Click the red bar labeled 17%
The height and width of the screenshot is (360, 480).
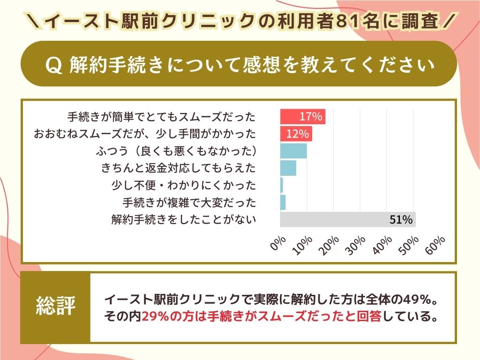(302, 117)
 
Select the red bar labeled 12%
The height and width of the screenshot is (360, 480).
(296, 134)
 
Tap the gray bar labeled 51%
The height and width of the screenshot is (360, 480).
(347, 219)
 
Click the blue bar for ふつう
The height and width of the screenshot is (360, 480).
(293, 151)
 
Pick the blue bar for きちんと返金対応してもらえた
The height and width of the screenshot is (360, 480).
(288, 168)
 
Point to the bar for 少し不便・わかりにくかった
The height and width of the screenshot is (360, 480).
(282, 185)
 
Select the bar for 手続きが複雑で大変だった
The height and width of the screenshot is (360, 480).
(283, 202)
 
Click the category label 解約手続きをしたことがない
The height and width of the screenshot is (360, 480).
(184, 219)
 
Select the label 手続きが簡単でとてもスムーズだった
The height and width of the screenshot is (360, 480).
(162, 117)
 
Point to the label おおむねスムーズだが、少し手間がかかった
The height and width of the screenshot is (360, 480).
(145, 134)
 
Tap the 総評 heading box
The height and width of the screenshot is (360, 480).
(55, 307)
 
